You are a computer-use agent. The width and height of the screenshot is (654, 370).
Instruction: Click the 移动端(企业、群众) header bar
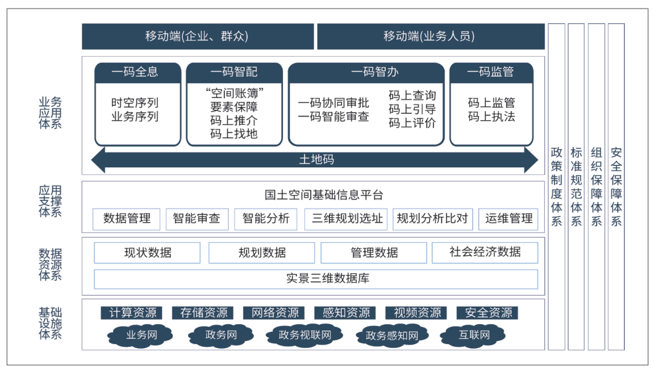[198, 36]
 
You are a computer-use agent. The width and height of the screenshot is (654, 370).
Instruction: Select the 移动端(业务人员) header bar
[431, 36]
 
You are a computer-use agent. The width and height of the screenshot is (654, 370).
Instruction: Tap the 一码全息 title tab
[138, 72]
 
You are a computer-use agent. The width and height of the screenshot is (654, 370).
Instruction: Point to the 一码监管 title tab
[491, 72]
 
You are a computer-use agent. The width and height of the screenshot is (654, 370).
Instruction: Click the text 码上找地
[234, 134]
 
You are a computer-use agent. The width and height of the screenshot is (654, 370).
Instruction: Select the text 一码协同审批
[333, 103]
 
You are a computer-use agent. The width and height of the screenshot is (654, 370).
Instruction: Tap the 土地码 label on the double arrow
[317, 159]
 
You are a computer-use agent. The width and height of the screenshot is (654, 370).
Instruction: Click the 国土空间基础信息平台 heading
[324, 194]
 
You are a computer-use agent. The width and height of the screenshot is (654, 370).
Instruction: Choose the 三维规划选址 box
[346, 219]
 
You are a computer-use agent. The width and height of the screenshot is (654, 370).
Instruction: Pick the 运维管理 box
[509, 219]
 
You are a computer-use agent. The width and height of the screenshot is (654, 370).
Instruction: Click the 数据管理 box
[127, 219]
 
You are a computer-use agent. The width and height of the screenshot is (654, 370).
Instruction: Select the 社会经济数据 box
[485, 252]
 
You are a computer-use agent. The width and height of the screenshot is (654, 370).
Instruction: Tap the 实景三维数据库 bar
[316, 279]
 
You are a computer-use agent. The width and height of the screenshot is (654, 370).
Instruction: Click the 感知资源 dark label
[346, 313]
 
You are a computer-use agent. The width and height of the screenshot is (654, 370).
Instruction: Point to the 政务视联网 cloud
[305, 335]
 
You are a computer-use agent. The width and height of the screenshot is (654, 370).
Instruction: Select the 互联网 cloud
[474, 335]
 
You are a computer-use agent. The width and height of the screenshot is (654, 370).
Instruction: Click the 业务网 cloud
[141, 335]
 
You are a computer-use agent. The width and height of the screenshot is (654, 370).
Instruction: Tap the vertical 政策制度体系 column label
[556, 187]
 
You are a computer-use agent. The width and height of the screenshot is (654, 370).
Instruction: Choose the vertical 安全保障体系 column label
[616, 187]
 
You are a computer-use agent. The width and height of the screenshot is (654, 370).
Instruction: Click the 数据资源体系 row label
[50, 265]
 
